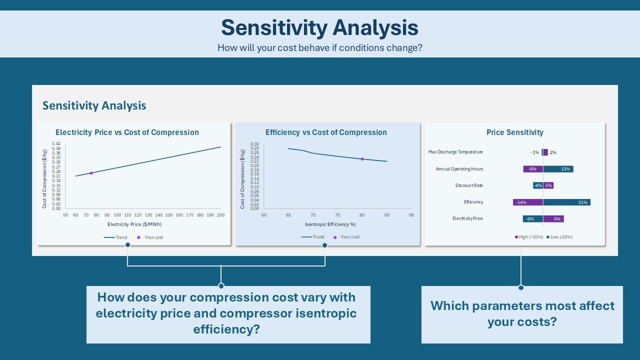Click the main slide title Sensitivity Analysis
click(319, 27)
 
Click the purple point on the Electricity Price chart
click(91, 173)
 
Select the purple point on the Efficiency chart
click(362, 159)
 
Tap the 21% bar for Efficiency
click(566, 202)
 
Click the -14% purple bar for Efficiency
click(528, 202)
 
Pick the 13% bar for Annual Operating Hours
click(558, 169)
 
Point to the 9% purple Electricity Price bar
click(553, 218)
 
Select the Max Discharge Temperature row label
click(455, 152)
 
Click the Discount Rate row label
click(469, 185)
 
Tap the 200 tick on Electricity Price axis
click(220, 215)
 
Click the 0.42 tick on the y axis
click(56, 143)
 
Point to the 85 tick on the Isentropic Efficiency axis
click(387, 215)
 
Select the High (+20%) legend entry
click(528, 237)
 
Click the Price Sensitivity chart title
click(514, 132)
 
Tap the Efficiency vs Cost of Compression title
click(326, 132)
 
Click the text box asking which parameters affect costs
click(522, 314)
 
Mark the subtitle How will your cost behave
click(319, 48)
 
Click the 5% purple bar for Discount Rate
click(548, 185)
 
